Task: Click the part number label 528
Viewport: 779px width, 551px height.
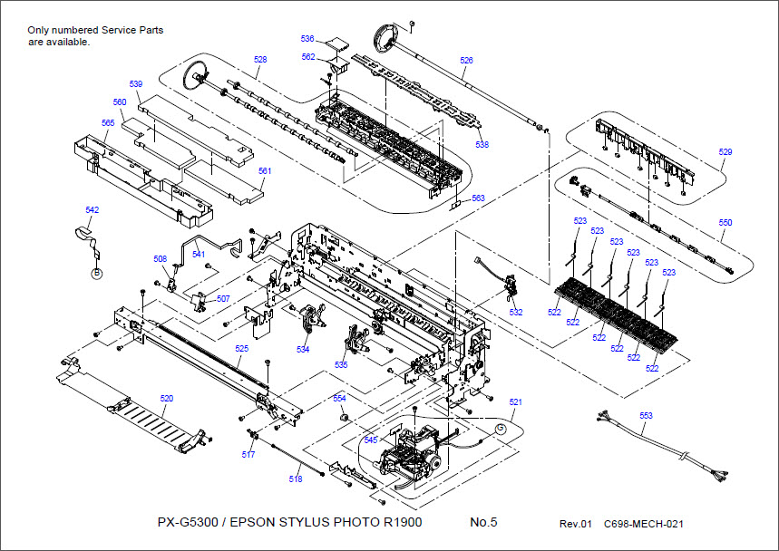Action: pyautogui.click(x=260, y=60)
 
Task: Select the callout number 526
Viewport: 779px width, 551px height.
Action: pyautogui.click(x=466, y=61)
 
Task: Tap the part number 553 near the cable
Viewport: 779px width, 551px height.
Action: pyautogui.click(x=646, y=416)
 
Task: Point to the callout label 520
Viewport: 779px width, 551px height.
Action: pyautogui.click(x=167, y=398)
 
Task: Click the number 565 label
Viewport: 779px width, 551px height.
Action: pyautogui.click(x=108, y=122)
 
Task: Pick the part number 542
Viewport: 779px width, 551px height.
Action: pyautogui.click(x=92, y=209)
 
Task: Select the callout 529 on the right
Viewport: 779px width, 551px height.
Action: pyautogui.click(x=725, y=151)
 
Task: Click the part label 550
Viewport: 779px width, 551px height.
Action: pyautogui.click(x=725, y=222)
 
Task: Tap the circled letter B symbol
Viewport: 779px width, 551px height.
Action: pyautogui.click(x=95, y=271)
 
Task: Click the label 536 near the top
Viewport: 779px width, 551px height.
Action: pyautogui.click(x=307, y=39)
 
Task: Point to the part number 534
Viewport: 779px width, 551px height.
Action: pyautogui.click(x=303, y=349)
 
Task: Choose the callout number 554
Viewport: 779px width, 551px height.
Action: pyautogui.click(x=339, y=398)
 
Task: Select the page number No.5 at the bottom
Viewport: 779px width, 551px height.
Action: pyautogui.click(x=483, y=523)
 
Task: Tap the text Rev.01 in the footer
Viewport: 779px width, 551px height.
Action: pyautogui.click(x=575, y=524)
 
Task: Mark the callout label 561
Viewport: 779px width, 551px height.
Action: pyautogui.click(x=265, y=170)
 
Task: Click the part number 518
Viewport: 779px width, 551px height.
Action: pyautogui.click(x=296, y=478)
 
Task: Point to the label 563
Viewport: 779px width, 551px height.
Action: pyautogui.click(x=478, y=198)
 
